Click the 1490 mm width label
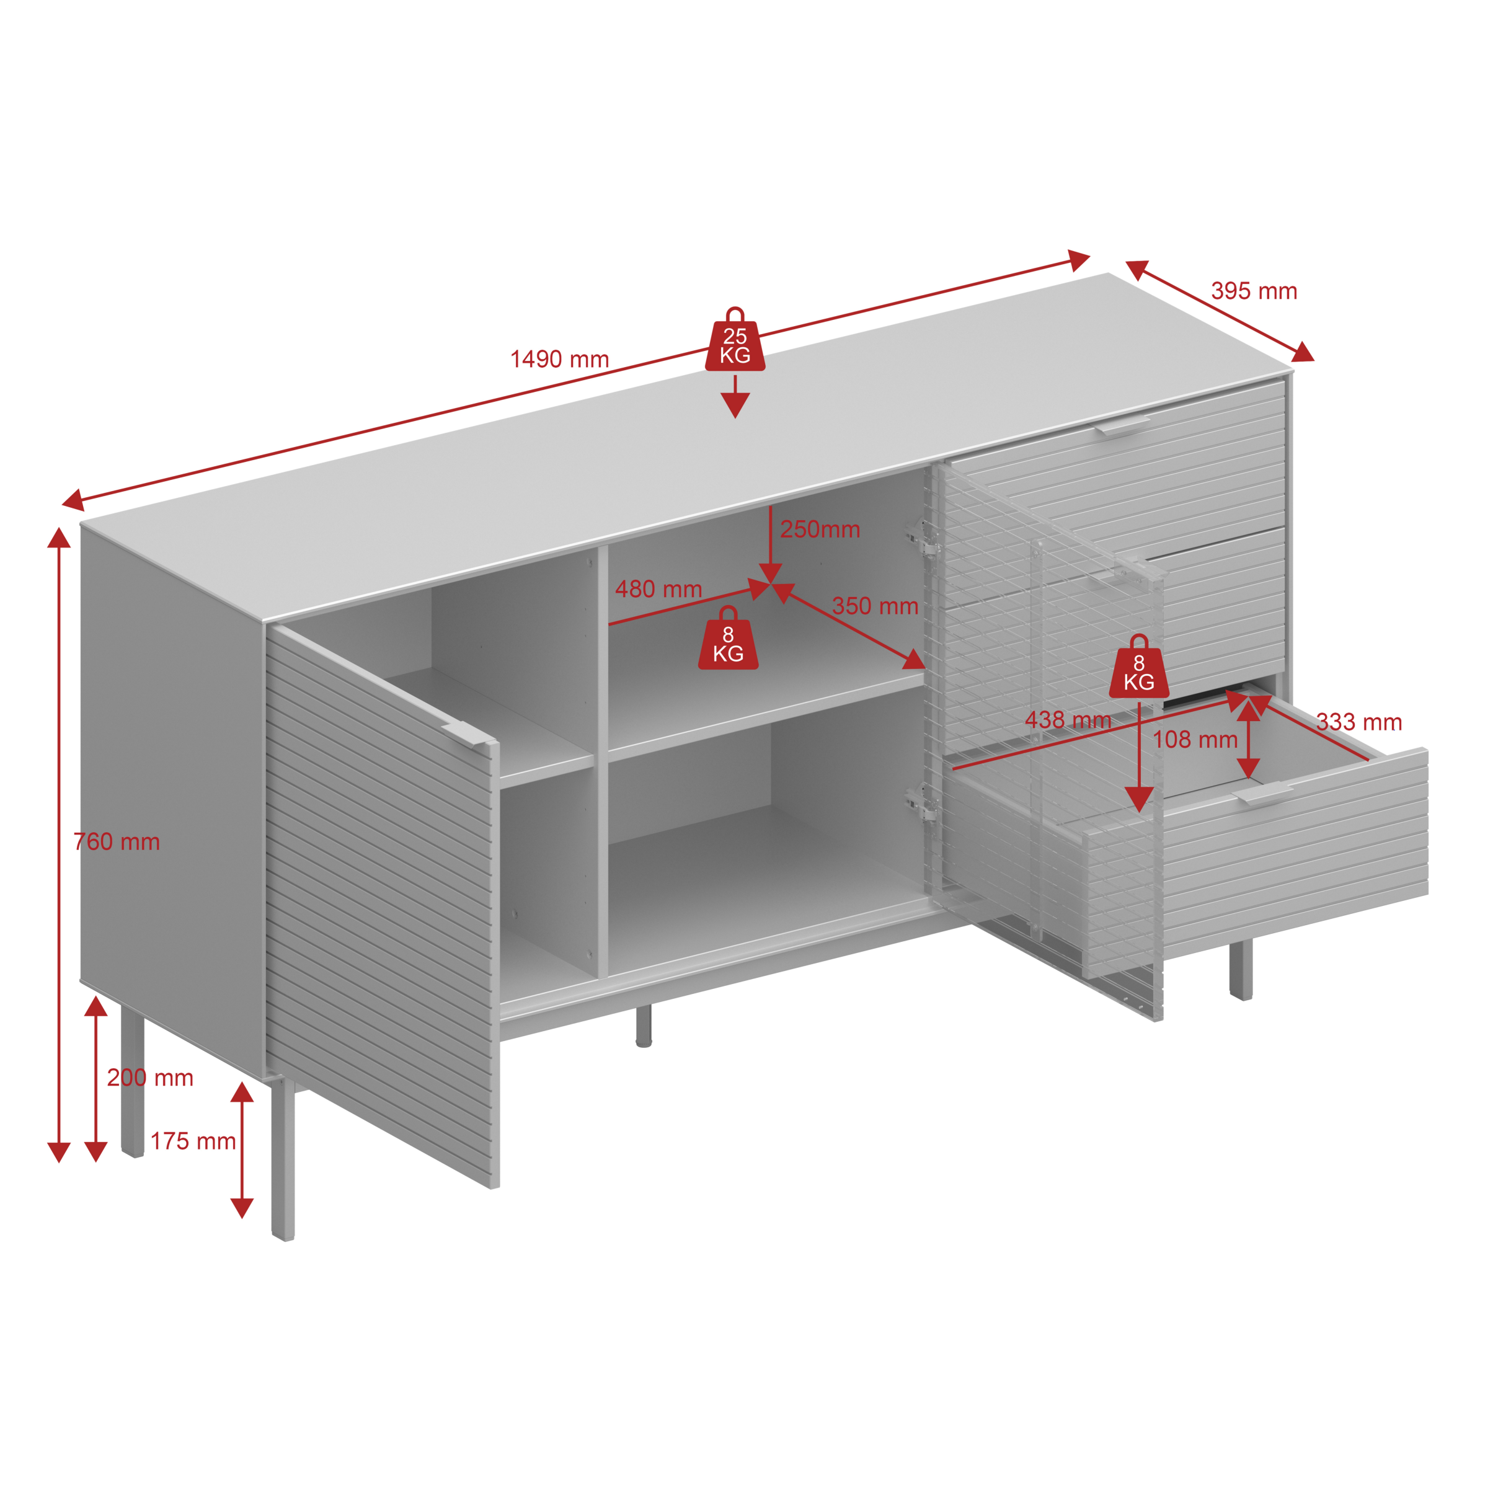click(559, 359)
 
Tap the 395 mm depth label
click(1254, 291)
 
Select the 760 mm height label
click(117, 841)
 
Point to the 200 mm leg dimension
click(150, 1078)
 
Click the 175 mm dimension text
click(193, 1141)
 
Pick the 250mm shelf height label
click(820, 530)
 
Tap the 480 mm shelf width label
click(658, 589)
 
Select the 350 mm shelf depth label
click(874, 606)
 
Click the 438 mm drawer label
click(1068, 720)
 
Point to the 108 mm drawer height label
click(1195, 740)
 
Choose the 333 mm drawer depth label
click(1359, 722)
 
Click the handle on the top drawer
click(1122, 425)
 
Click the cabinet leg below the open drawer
click(1241, 970)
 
